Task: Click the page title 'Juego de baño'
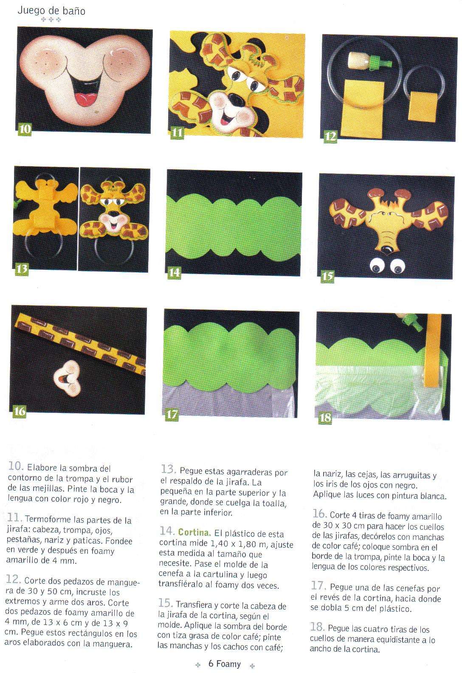pyautogui.click(x=51, y=11)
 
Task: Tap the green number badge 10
pyautogui.click(x=25, y=129)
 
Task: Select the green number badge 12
pyautogui.click(x=330, y=137)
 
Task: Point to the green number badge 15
pyautogui.click(x=327, y=276)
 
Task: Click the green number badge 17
pyautogui.click(x=172, y=415)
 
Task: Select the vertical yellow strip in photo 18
pyautogui.click(x=432, y=350)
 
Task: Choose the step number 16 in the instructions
pyautogui.click(x=319, y=514)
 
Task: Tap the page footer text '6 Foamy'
pyautogui.click(x=225, y=664)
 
